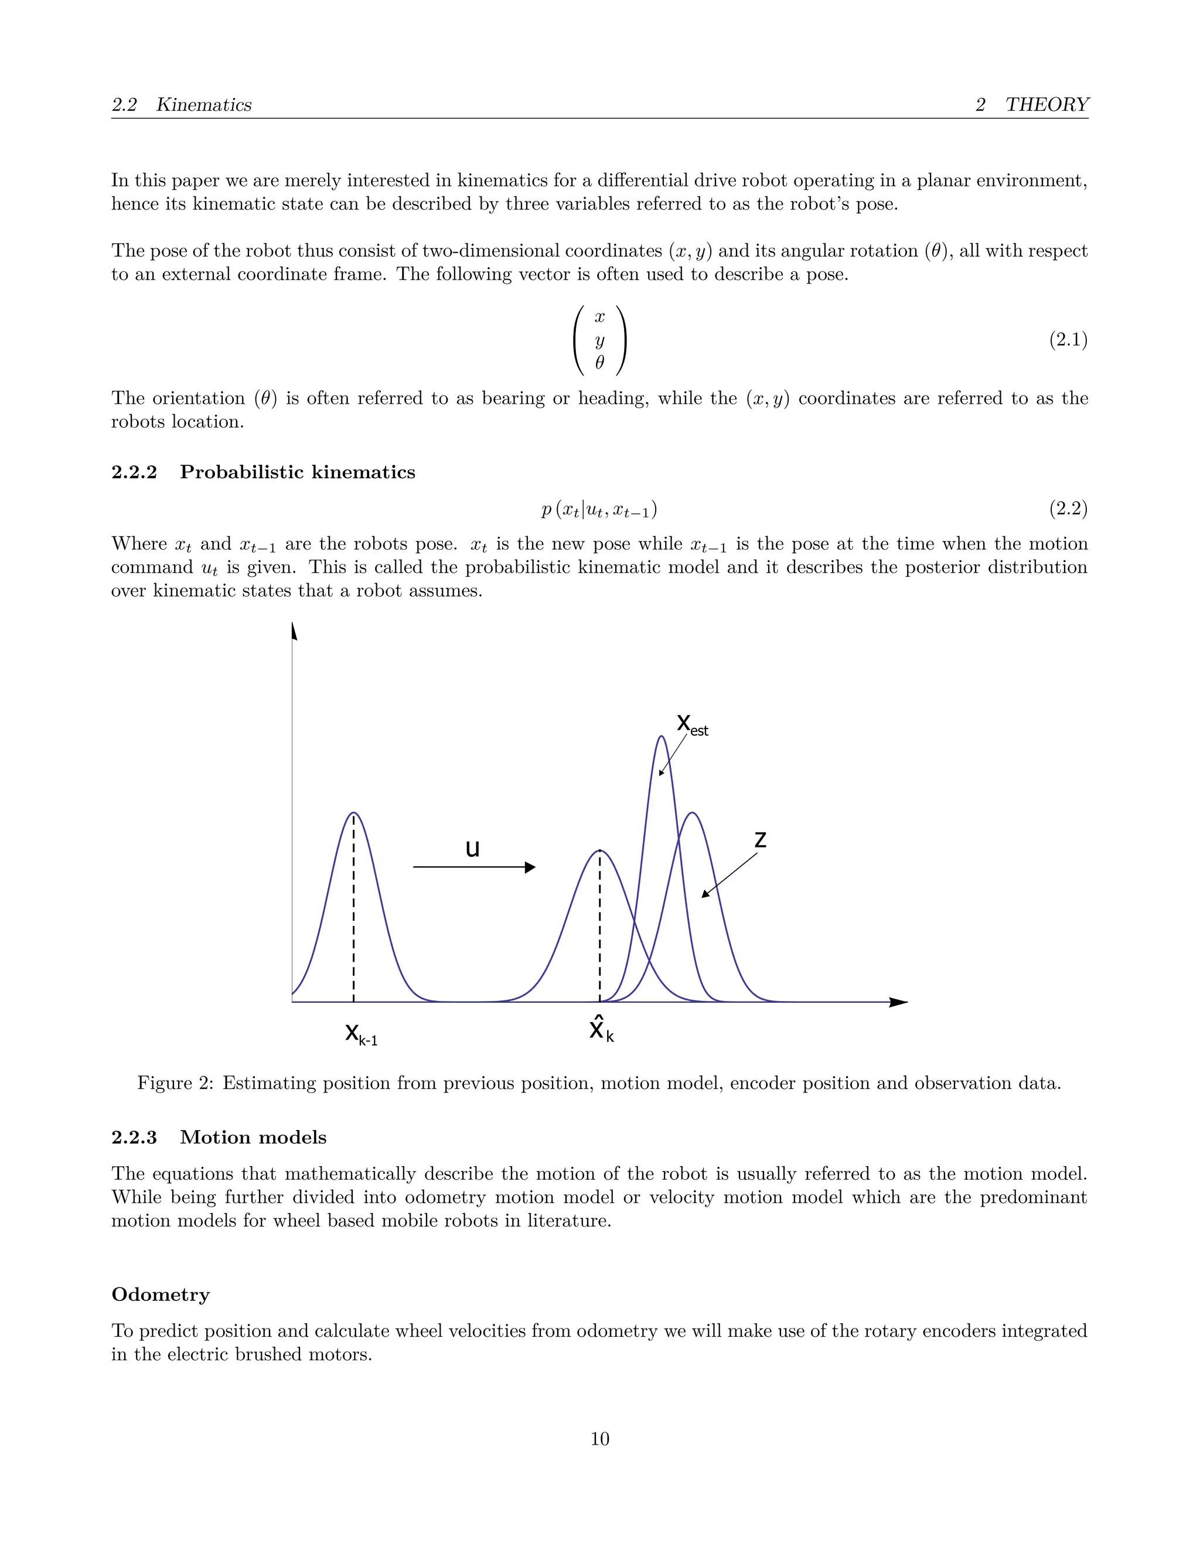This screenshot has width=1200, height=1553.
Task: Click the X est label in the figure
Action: point(691,724)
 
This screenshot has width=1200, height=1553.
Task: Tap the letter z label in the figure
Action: point(760,840)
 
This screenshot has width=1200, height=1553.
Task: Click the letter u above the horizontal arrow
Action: point(472,849)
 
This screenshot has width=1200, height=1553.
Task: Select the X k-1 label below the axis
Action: point(360,1033)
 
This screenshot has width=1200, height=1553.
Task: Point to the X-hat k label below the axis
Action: point(601,1029)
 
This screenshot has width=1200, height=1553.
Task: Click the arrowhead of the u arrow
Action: point(530,867)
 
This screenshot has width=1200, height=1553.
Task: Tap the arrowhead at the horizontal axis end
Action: point(899,1002)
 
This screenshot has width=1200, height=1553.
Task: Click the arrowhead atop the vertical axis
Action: point(294,631)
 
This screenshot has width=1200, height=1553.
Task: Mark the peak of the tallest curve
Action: point(661,737)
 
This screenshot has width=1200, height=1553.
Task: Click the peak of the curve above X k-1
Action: point(353,813)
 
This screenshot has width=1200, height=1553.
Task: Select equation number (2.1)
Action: point(1068,340)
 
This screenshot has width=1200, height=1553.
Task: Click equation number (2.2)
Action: point(1068,509)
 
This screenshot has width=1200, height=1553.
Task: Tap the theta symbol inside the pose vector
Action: point(599,363)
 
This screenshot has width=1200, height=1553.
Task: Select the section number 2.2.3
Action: point(134,1137)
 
